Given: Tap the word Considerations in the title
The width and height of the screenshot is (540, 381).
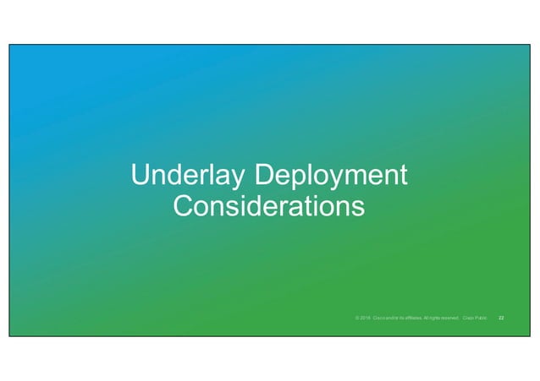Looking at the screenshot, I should point(268,205).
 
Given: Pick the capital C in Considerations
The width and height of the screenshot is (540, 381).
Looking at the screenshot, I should point(182,205).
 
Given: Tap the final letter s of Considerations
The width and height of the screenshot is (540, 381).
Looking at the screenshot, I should point(359,205).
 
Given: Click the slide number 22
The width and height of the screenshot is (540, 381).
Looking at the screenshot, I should point(501,318).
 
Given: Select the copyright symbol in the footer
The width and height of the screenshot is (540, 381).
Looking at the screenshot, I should point(357,318).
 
